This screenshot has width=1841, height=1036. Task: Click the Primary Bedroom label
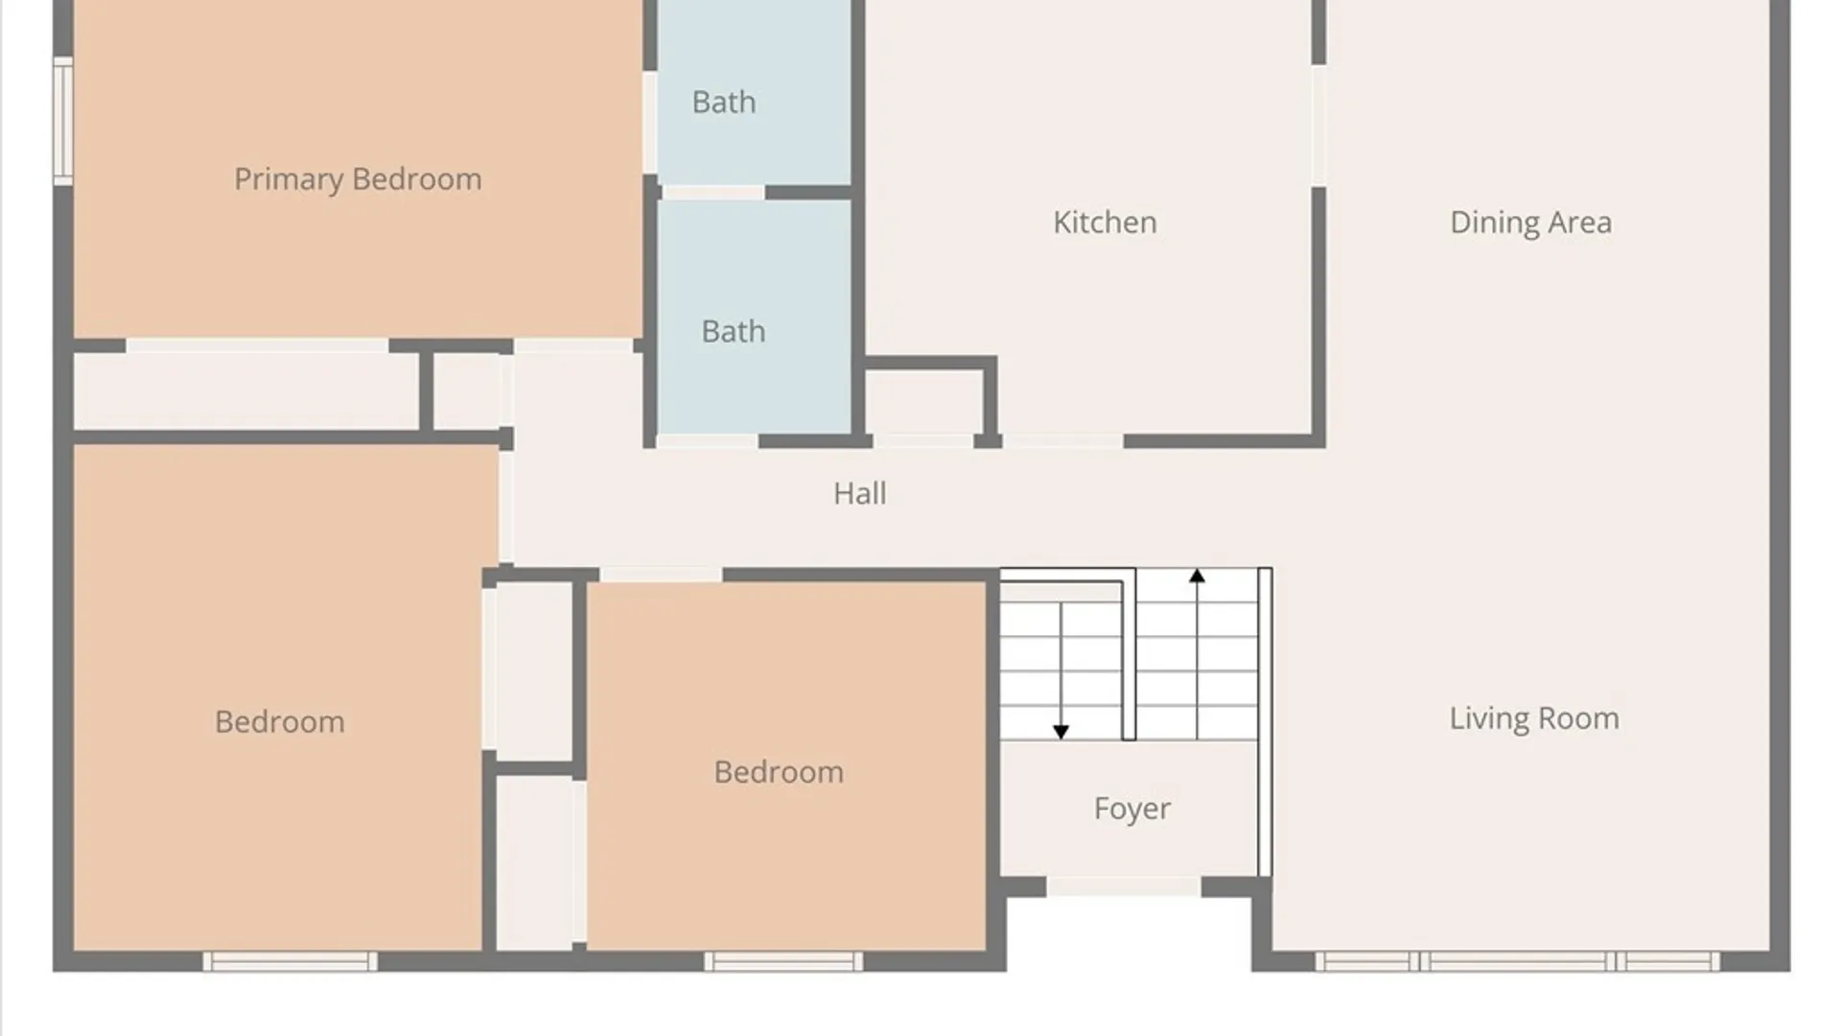click(x=358, y=179)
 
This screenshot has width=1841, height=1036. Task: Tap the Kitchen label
click(x=1105, y=223)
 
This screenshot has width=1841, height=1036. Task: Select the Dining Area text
click(x=1530, y=223)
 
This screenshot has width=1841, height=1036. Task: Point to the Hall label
click(x=859, y=493)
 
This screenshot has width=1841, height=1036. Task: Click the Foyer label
click(x=1131, y=809)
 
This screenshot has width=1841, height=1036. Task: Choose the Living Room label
click(x=1534, y=718)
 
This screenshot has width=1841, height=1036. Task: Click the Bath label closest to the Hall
click(x=734, y=332)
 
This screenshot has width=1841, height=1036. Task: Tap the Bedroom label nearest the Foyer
click(x=779, y=772)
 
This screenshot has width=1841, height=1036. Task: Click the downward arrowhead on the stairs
click(x=1060, y=732)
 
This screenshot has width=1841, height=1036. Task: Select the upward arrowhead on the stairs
click(x=1197, y=576)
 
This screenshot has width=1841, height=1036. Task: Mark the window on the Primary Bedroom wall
click(x=63, y=121)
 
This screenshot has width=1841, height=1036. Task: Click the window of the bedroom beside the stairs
click(x=783, y=961)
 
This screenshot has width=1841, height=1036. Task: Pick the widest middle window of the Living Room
click(x=1517, y=961)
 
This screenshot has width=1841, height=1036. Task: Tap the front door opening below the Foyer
click(x=1123, y=886)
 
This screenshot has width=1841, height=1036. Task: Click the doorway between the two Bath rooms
click(x=713, y=193)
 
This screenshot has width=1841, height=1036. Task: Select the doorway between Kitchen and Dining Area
click(x=1318, y=126)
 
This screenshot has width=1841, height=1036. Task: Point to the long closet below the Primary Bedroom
click(x=246, y=390)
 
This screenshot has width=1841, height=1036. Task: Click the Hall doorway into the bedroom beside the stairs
click(x=661, y=575)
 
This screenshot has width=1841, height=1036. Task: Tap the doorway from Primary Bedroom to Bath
click(x=649, y=123)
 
